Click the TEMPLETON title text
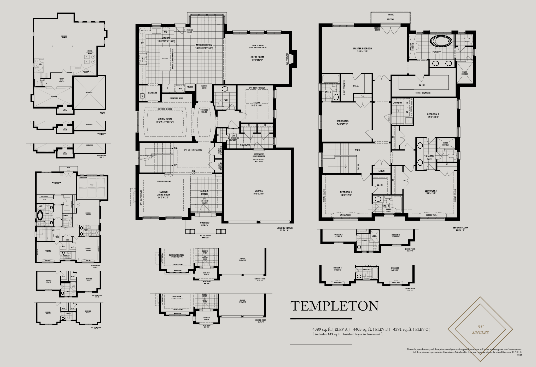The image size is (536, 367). [334, 306]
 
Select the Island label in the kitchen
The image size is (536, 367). [165, 59]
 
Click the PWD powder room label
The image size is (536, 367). [226, 100]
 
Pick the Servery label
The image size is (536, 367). [153, 93]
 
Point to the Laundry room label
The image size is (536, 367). [397, 103]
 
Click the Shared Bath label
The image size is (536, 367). [429, 158]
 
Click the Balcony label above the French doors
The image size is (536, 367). [391, 19]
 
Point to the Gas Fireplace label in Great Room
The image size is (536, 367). [287, 59]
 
